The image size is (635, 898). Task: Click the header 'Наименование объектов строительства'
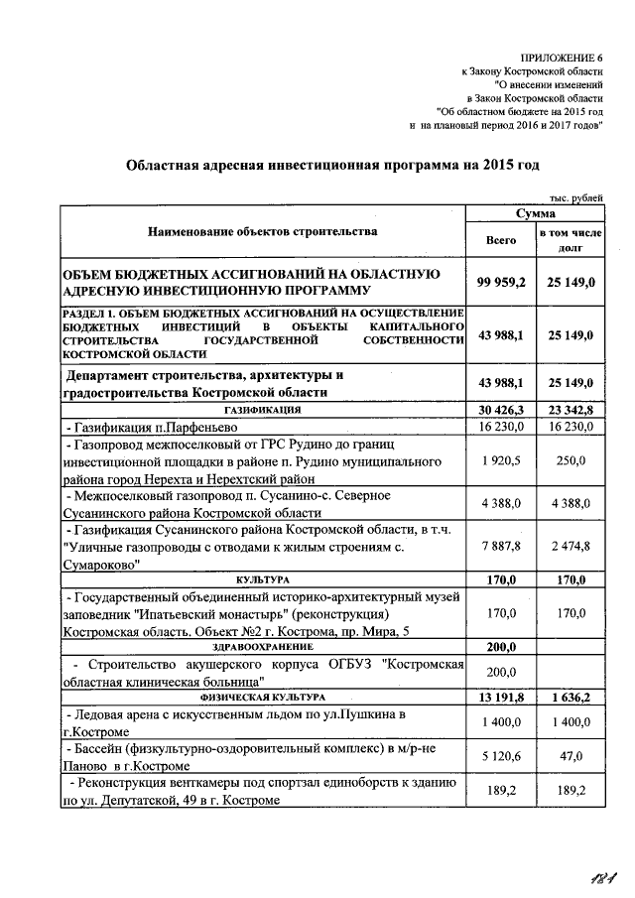[x=262, y=232]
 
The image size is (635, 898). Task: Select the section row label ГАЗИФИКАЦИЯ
[x=262, y=410]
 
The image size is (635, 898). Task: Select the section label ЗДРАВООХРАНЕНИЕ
[x=262, y=647]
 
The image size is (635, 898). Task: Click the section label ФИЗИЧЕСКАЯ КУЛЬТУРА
[x=262, y=698]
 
